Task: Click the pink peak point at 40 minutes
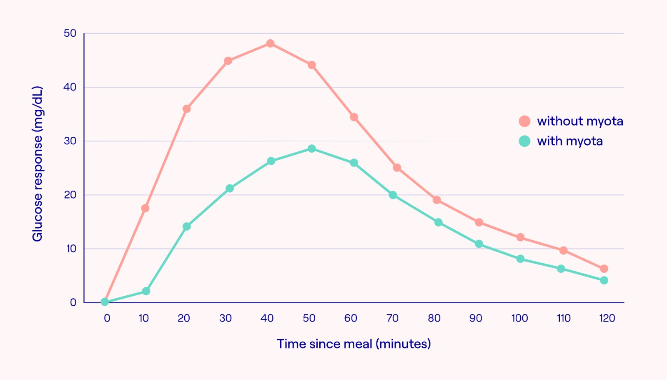(270, 43)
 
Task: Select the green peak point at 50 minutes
(312, 148)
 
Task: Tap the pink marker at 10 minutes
(145, 208)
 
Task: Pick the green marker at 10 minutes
(146, 291)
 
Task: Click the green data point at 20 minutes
(187, 226)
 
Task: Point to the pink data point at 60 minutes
(354, 117)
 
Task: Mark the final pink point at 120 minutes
(604, 269)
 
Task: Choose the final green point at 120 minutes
(604, 280)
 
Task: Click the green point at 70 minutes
(393, 195)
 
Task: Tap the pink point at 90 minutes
(479, 222)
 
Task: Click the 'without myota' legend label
(580, 121)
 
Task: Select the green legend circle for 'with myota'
(524, 141)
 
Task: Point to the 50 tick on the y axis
(70, 33)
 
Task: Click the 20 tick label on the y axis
(70, 195)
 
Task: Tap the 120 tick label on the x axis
(607, 318)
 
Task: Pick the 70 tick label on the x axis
(392, 318)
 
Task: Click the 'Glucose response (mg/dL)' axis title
(38, 164)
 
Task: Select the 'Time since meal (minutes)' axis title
(354, 344)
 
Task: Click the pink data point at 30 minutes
(228, 61)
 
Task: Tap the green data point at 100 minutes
(520, 259)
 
